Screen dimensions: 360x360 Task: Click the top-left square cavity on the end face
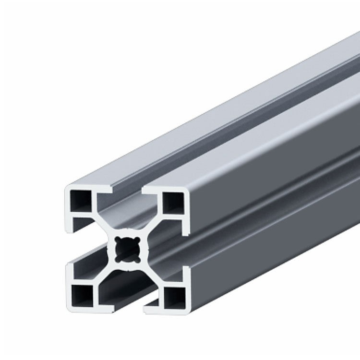pos(80,202)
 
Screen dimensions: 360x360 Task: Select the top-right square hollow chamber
pos(174,203)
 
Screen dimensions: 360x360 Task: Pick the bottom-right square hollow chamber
pos(174,296)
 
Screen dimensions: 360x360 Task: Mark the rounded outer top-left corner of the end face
pos(67,187)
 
